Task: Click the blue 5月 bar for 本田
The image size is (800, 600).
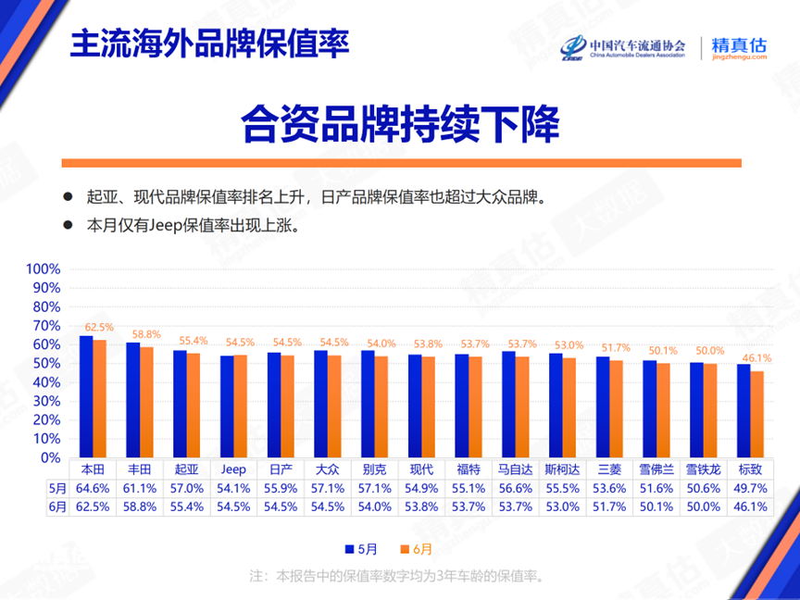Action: (85, 396)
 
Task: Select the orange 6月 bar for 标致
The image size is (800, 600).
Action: (757, 414)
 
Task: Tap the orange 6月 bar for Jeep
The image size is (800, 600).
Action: (241, 406)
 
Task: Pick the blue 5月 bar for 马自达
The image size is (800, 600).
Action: (508, 404)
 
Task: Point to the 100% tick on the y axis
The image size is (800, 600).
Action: (43, 269)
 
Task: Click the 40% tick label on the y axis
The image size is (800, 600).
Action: (46, 382)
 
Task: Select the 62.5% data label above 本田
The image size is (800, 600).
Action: (99, 327)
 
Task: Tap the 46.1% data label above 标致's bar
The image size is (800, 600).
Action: (756, 358)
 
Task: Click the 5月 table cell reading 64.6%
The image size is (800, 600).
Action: (93, 487)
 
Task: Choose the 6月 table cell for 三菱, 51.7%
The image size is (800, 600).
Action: (609, 506)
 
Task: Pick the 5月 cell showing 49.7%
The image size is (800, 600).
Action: (750, 487)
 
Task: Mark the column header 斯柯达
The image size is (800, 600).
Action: (563, 468)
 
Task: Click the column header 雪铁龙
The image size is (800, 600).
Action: (703, 468)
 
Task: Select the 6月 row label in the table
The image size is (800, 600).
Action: (57, 506)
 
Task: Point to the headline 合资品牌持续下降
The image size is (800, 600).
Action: (400, 123)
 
